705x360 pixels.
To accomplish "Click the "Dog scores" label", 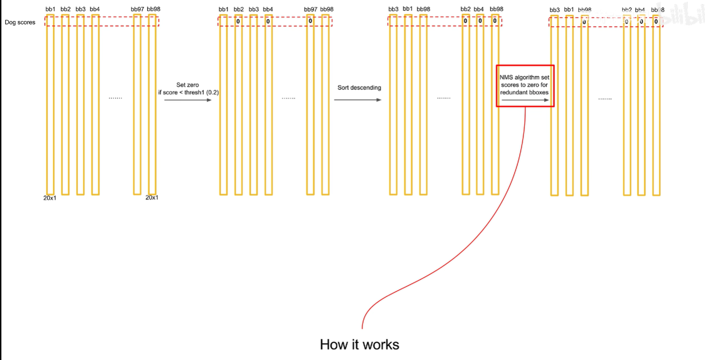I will pyautogui.click(x=20, y=22).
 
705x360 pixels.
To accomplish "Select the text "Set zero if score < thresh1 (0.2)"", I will pyautogui.click(x=188, y=89).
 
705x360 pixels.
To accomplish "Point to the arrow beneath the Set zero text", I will pyautogui.click(x=188, y=100).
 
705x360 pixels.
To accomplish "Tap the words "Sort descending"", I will pyautogui.click(x=359, y=88).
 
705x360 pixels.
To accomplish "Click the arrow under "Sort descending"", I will pyautogui.click(x=358, y=100).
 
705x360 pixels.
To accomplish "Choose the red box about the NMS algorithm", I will pyautogui.click(x=525, y=86).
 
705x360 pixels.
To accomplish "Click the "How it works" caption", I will pyautogui.click(x=360, y=344).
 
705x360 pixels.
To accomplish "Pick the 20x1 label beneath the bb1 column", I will pyautogui.click(x=50, y=198).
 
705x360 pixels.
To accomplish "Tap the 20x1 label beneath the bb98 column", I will pyautogui.click(x=152, y=198).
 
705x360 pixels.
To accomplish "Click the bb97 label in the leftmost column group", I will pyautogui.click(x=138, y=9).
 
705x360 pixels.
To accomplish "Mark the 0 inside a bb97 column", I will pyautogui.click(x=311, y=21).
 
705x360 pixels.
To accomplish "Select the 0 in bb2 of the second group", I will pyautogui.click(x=238, y=21).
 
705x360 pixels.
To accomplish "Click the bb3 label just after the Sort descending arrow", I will pyautogui.click(x=393, y=9).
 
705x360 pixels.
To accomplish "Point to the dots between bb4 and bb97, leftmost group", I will pyautogui.click(x=115, y=98).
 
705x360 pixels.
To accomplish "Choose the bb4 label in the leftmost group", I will pyautogui.click(x=95, y=9).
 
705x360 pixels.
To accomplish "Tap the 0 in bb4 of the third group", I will pyautogui.click(x=480, y=21).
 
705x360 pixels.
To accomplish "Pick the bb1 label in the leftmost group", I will pyautogui.click(x=50, y=9).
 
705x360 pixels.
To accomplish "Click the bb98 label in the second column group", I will pyautogui.click(x=327, y=9).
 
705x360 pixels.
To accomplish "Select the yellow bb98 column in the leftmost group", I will pyautogui.click(x=152, y=105).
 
